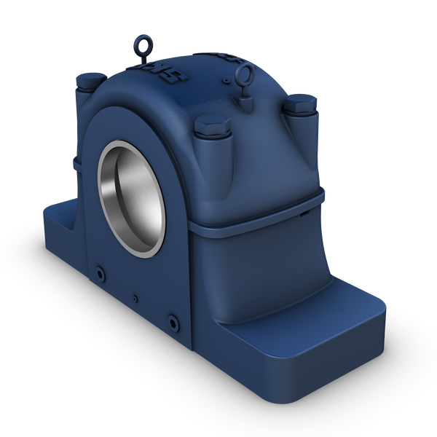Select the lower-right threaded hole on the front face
pos(172,318)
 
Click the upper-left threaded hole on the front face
pos(100,274)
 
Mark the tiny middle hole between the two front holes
pos(135,297)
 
